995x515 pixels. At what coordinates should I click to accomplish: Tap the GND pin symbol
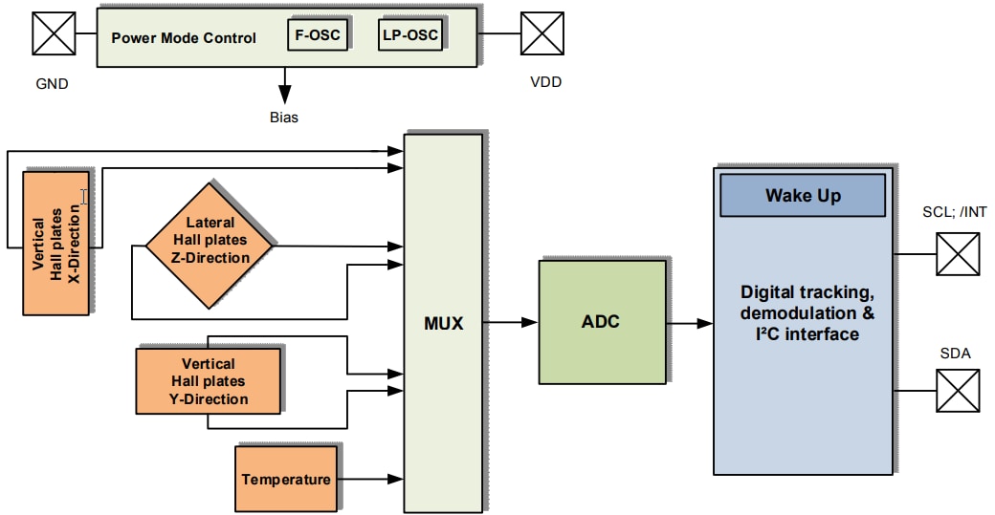pyautogui.click(x=55, y=33)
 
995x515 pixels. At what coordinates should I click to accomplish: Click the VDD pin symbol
pyautogui.click(x=542, y=33)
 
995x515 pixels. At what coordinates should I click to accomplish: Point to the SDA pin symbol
pyautogui.click(x=958, y=391)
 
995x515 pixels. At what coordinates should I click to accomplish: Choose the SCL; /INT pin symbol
pyautogui.click(x=958, y=254)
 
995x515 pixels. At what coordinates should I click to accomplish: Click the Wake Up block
pyautogui.click(x=802, y=196)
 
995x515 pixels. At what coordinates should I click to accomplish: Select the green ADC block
pyautogui.click(x=601, y=322)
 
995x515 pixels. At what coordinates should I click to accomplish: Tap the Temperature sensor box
pyautogui.click(x=286, y=479)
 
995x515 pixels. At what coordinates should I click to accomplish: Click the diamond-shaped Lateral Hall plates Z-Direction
pyautogui.click(x=209, y=245)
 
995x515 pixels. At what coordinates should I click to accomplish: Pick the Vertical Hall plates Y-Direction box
pyautogui.click(x=208, y=380)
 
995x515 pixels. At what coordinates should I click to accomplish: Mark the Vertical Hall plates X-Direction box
pyautogui.click(x=55, y=244)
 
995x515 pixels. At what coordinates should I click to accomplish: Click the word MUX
pyautogui.click(x=443, y=323)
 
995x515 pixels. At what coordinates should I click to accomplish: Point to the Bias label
pyautogui.click(x=283, y=118)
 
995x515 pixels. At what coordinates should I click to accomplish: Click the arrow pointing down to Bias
pyautogui.click(x=284, y=87)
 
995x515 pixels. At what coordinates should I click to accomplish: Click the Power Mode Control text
pyautogui.click(x=184, y=38)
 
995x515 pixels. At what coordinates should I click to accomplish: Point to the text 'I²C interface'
pyautogui.click(x=806, y=333)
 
